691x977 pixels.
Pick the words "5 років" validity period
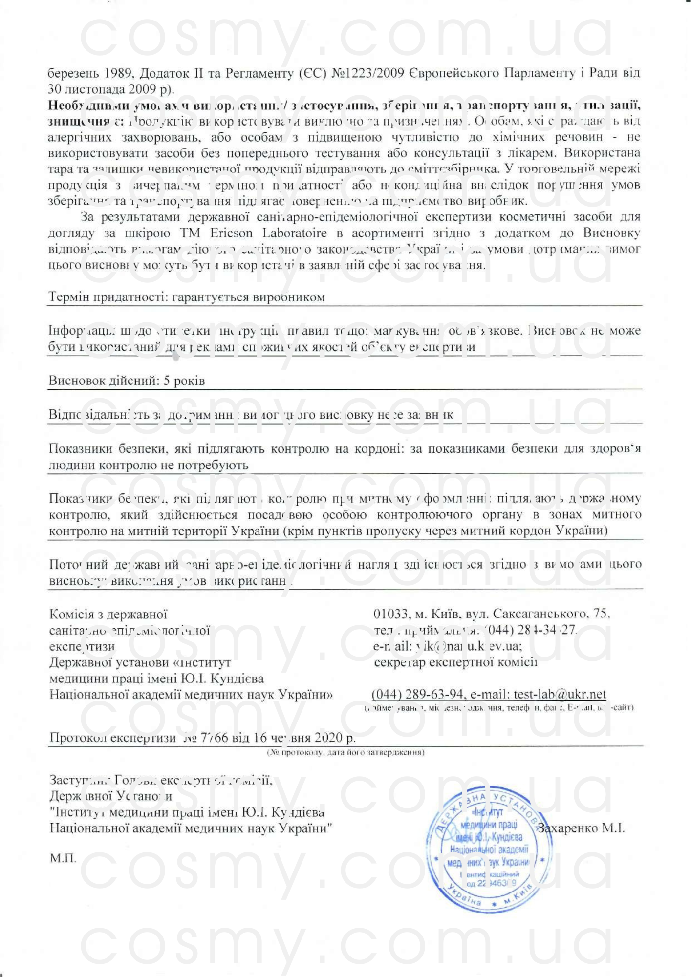(x=184, y=381)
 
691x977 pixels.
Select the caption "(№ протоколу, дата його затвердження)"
(x=345, y=752)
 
